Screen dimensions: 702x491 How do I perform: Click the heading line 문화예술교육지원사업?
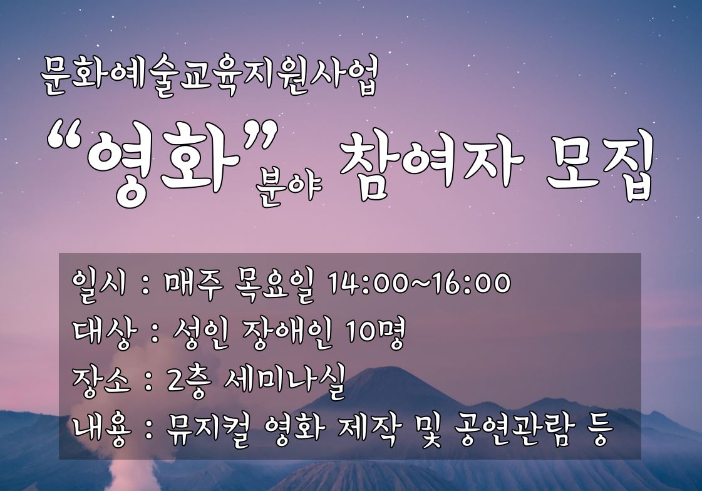[209, 76]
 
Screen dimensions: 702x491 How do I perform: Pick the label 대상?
[101, 334]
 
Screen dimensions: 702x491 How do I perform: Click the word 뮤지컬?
[207, 430]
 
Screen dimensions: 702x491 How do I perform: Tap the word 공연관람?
[513, 431]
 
